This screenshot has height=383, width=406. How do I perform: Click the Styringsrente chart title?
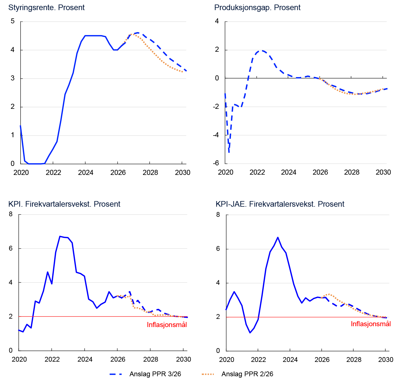tap(46, 8)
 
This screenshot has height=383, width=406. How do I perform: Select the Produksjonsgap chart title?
tap(257, 8)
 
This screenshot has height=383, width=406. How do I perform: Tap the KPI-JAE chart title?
tap(280, 204)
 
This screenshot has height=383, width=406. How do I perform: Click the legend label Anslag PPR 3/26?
tap(155, 374)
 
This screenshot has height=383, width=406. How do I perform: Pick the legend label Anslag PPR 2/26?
tap(247, 374)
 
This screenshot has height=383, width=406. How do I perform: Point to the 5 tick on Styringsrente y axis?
tap(13, 21)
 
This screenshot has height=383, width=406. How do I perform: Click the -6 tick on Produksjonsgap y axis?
tap(216, 163)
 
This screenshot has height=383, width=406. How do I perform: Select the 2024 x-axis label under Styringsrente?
tap(85, 173)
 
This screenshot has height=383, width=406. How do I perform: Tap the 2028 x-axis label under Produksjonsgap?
tap(351, 172)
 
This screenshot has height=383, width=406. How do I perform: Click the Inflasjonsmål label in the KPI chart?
tap(167, 325)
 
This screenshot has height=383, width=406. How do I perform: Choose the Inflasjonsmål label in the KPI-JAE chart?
tap(371, 324)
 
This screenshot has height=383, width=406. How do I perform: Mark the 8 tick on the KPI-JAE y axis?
tap(218, 215)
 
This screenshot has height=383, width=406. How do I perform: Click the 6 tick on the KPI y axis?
tap(11, 248)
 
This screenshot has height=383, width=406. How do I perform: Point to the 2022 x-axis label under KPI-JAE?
tap(258, 360)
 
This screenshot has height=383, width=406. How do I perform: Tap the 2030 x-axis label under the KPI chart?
tap(183, 359)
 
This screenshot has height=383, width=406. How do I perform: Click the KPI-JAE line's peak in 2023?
tap(278, 237)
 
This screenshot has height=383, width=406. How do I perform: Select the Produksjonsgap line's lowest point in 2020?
tap(229, 152)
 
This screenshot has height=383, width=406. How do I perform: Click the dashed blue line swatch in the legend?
tap(116, 374)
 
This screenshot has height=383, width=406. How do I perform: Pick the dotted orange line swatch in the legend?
tap(208, 374)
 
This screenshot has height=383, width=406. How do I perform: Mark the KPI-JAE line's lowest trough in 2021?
tap(250, 333)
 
